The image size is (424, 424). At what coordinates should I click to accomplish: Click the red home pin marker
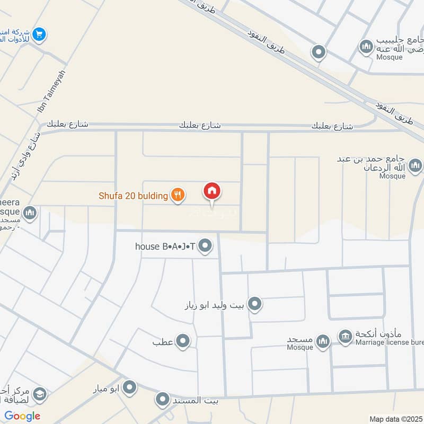click(212, 191)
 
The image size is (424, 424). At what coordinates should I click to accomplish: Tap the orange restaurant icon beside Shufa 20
click(178, 196)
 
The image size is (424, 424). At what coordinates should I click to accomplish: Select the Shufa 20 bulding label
click(133, 196)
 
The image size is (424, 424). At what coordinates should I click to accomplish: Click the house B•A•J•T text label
click(165, 246)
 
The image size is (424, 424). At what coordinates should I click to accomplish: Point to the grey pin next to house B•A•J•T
click(206, 245)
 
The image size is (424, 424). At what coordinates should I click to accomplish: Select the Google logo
click(22, 416)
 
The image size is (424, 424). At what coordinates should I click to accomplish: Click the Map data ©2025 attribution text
click(395, 419)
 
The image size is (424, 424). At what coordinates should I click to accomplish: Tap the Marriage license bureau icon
click(346, 337)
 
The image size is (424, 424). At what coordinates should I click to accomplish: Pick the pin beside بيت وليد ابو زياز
click(255, 304)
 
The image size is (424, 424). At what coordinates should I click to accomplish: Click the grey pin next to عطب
click(183, 341)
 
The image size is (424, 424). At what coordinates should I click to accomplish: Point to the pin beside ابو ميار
click(129, 388)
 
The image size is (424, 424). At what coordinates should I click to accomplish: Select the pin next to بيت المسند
click(163, 400)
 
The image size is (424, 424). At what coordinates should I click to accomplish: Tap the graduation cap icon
click(39, 394)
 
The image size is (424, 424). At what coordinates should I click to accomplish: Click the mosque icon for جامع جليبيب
click(366, 47)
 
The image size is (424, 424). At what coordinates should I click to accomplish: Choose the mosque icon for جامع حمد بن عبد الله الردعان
click(415, 166)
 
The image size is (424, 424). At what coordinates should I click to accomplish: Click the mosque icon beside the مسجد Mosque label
click(322, 341)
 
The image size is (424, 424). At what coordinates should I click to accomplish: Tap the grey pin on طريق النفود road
click(319, 52)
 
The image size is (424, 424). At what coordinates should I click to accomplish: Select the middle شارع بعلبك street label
click(200, 125)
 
